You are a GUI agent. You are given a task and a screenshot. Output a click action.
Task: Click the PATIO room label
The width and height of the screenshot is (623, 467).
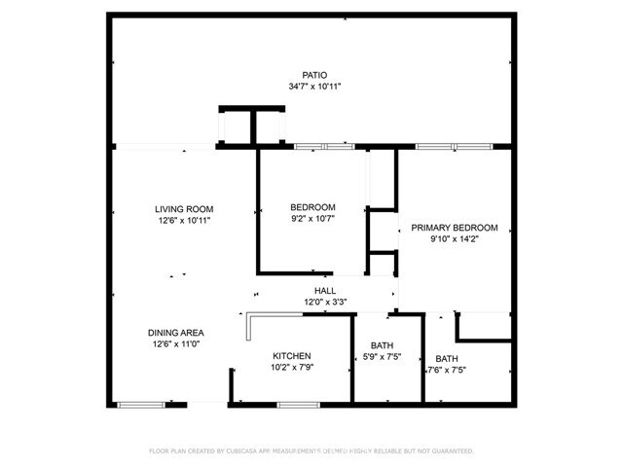(x=312, y=75)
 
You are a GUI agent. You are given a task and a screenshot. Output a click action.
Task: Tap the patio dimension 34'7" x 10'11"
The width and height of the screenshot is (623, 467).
(x=312, y=87)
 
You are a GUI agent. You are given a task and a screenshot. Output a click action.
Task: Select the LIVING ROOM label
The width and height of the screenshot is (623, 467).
(x=184, y=209)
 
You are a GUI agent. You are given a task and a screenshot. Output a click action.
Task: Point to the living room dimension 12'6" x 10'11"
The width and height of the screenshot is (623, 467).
(x=184, y=221)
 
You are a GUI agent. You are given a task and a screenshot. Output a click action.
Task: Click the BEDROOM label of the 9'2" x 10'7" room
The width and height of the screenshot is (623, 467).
(x=312, y=207)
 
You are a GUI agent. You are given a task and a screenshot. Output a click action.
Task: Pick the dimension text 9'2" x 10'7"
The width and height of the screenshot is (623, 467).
(x=312, y=219)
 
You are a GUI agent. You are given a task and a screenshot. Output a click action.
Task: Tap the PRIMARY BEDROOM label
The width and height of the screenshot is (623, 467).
(x=454, y=228)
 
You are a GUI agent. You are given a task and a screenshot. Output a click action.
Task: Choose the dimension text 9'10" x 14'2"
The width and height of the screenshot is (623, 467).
(x=454, y=239)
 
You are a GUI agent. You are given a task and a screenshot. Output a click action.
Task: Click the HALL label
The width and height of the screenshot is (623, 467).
(x=324, y=291)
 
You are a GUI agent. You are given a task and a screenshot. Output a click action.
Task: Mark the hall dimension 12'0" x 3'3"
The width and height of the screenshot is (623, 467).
(x=324, y=303)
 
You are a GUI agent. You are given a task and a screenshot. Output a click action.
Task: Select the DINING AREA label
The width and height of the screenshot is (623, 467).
(x=175, y=333)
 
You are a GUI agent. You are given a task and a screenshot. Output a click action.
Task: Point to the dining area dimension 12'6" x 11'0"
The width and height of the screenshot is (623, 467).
(x=175, y=344)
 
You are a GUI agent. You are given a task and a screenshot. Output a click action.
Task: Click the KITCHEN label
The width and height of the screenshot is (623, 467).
(x=291, y=356)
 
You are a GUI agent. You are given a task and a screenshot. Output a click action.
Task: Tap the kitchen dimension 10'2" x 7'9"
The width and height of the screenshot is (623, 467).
(x=291, y=369)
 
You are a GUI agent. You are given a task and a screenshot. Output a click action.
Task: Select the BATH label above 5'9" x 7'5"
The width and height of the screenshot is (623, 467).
(x=383, y=345)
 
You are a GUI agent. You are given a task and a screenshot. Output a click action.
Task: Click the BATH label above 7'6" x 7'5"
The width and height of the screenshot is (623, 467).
(x=446, y=358)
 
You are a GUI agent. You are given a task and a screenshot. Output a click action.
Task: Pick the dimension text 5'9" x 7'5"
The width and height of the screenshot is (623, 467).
(x=383, y=357)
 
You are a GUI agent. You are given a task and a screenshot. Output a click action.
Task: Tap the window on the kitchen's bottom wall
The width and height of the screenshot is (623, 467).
(x=292, y=403)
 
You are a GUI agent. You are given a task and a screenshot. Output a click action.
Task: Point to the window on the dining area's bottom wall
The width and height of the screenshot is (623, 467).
(x=139, y=403)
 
